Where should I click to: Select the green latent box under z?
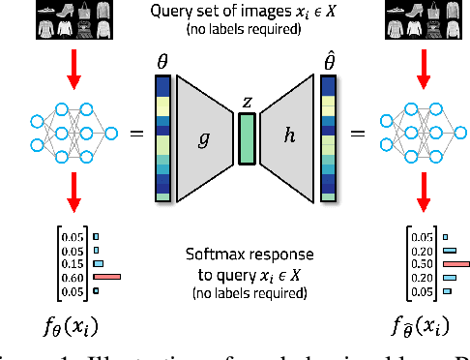click(x=248, y=137)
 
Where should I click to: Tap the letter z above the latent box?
click(x=248, y=102)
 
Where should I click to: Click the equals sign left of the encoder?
click(x=134, y=134)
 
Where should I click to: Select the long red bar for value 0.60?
click(x=106, y=276)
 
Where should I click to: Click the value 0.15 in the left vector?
click(x=72, y=262)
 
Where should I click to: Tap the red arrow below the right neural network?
click(x=422, y=194)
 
